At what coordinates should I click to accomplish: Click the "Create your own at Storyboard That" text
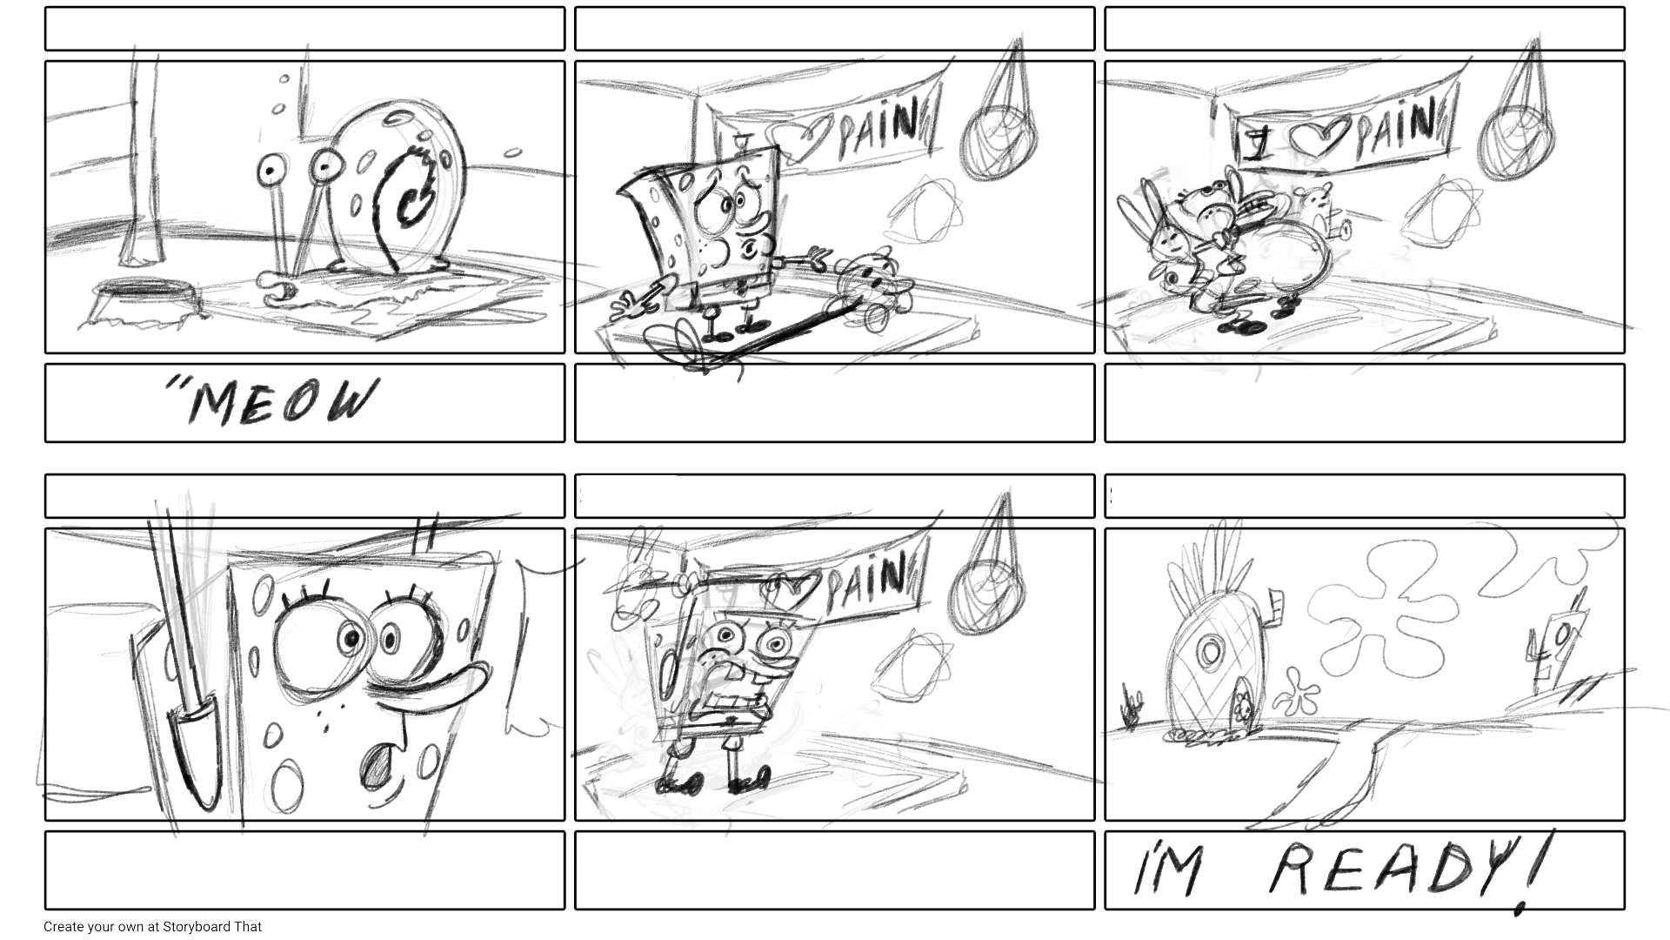(x=152, y=927)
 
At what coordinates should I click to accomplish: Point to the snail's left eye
(x=273, y=166)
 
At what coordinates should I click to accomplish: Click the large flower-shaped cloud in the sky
(x=1392, y=609)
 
